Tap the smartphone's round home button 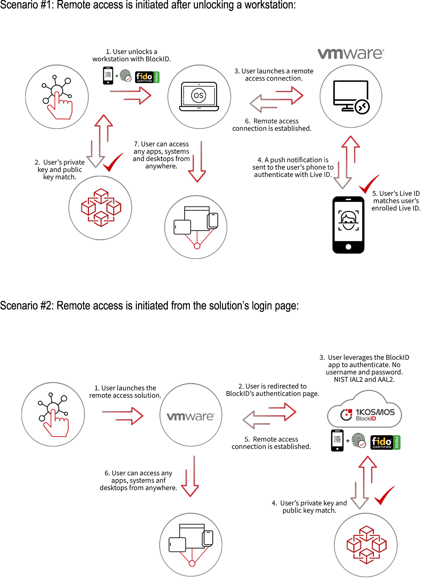pyautogui.click(x=348, y=247)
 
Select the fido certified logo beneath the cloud pyautogui.click(x=382, y=442)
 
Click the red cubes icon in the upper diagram pyautogui.click(x=101, y=207)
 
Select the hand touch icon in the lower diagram pyautogui.click(x=54, y=414)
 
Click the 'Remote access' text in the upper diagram pyautogui.click(x=276, y=121)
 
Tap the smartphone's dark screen pyautogui.click(x=348, y=221)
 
